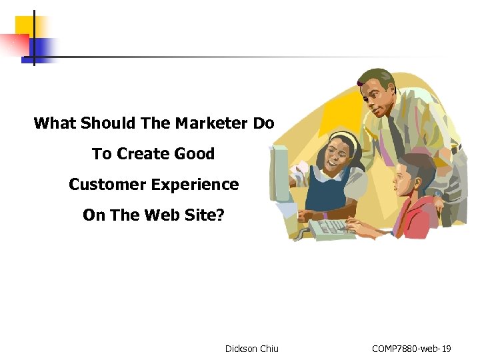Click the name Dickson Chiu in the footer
[x=252, y=348]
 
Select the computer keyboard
[x=331, y=229]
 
